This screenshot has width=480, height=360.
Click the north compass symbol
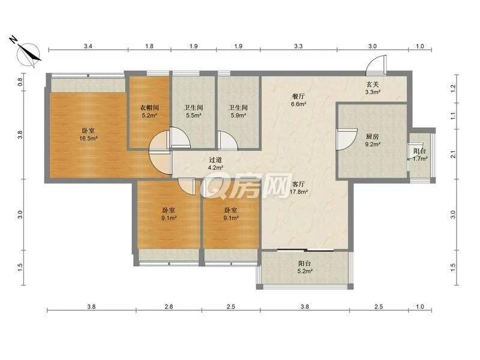(x=28, y=55)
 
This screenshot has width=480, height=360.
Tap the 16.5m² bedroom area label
(x=88, y=134)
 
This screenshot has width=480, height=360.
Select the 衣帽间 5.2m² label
(x=149, y=112)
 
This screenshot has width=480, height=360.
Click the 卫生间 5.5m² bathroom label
(x=193, y=112)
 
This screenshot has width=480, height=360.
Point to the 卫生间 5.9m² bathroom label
(x=238, y=112)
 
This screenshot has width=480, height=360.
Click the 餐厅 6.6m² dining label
(x=298, y=100)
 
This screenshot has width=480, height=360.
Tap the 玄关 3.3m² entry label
(x=373, y=88)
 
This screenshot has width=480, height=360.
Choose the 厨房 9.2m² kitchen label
(x=373, y=140)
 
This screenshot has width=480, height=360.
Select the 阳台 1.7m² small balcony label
(x=419, y=155)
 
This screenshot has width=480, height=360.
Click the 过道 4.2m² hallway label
(x=216, y=163)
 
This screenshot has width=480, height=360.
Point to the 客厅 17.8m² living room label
(x=298, y=188)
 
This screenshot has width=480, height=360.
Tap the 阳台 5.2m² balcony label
(x=305, y=267)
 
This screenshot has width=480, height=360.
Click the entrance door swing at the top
(x=377, y=65)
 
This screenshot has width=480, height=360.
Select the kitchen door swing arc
(x=347, y=139)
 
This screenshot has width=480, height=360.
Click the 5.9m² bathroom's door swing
(x=229, y=140)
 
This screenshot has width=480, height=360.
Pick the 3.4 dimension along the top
(x=88, y=46)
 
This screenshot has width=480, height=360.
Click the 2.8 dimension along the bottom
(x=169, y=307)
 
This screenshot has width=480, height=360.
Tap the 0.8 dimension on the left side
(x=20, y=82)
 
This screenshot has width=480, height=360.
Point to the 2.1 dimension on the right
(x=454, y=154)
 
